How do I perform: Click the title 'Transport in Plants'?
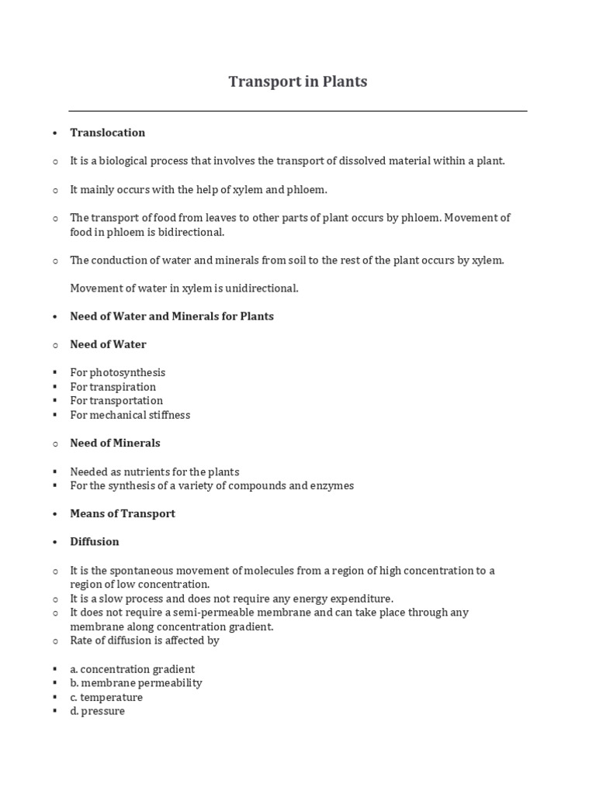coord(298,81)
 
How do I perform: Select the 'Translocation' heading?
coord(108,133)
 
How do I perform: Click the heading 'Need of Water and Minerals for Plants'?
coord(172,316)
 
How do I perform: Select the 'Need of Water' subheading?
coord(108,344)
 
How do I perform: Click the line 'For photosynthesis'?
coord(117,373)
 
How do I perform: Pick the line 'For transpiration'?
coord(113,387)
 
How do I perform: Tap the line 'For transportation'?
coord(116,401)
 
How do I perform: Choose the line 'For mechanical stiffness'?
coord(130,415)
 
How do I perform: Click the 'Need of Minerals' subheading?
coord(115,443)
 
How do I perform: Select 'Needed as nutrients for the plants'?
coord(154,471)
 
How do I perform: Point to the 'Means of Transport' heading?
coord(123,513)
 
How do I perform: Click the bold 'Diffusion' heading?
coord(95,541)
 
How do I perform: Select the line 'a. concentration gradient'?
coord(132,669)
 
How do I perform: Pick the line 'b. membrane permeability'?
coord(136,683)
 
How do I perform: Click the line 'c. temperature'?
coord(106,697)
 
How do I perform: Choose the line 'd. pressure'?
coord(97,711)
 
